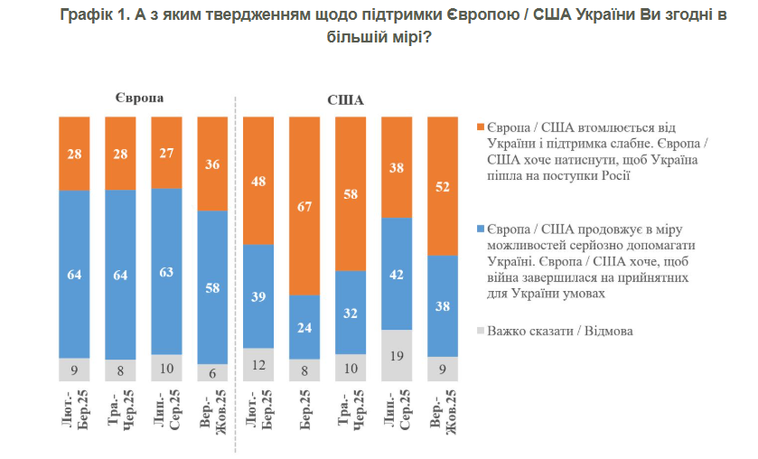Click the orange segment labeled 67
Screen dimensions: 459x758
click(x=305, y=205)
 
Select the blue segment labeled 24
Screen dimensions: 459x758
click(x=305, y=326)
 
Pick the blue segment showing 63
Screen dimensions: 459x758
click(x=165, y=271)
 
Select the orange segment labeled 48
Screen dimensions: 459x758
click(x=259, y=181)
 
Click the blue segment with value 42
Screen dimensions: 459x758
click(x=398, y=274)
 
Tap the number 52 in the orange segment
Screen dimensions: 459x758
click(x=443, y=187)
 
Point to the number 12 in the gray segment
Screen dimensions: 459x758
click(x=259, y=365)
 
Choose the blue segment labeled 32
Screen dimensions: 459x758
click(x=351, y=313)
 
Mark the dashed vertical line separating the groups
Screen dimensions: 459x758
click(x=236, y=271)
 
